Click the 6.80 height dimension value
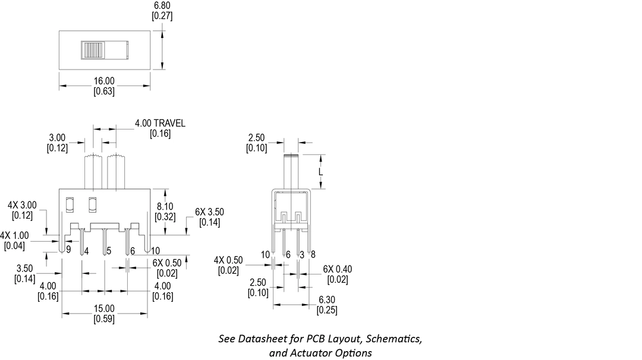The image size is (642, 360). (x=162, y=6)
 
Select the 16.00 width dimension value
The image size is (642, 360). (x=104, y=81)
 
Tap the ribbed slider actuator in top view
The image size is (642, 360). (x=93, y=50)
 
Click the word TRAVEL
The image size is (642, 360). (x=169, y=123)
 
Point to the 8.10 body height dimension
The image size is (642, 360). (x=165, y=207)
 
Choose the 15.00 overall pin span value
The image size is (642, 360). (x=104, y=308)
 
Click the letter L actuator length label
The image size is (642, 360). (x=320, y=172)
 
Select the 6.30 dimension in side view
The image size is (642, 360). (x=327, y=300)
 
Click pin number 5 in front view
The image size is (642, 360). (x=109, y=251)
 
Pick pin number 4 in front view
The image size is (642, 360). (x=86, y=251)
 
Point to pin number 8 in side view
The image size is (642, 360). (x=313, y=254)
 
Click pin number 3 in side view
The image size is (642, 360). (x=302, y=255)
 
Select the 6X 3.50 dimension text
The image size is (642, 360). (x=209, y=212)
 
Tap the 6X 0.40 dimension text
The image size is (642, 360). (x=338, y=269)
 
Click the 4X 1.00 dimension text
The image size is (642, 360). (x=14, y=236)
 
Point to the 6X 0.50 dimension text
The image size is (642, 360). (x=166, y=263)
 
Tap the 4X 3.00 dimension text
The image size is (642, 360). (x=22, y=205)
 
